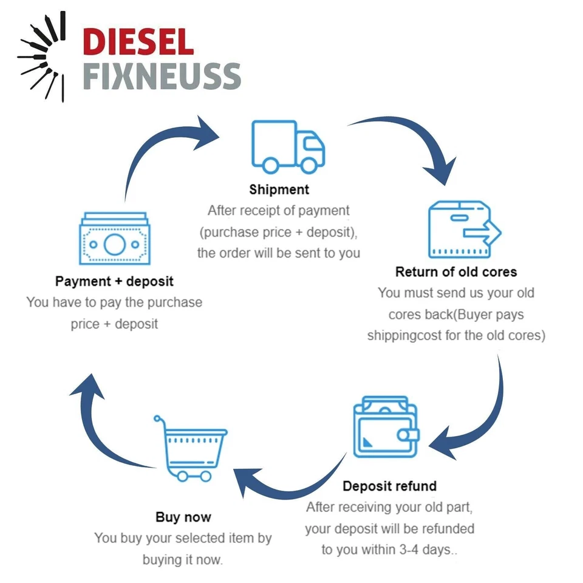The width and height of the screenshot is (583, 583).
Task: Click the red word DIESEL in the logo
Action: click(x=138, y=42)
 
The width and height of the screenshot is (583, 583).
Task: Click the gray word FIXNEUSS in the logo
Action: click(x=162, y=77)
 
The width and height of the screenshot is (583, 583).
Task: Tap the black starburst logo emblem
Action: click(x=42, y=56)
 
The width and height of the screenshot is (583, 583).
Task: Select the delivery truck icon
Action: click(x=288, y=147)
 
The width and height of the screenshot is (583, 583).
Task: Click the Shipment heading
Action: click(x=279, y=189)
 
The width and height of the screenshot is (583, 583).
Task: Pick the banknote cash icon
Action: click(x=115, y=238)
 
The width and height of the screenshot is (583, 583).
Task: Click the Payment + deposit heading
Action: click(x=114, y=281)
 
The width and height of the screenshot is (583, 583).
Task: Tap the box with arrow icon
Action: click(x=465, y=230)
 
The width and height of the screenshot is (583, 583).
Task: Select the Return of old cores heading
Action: click(x=456, y=272)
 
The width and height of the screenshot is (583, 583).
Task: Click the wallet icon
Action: click(x=386, y=426)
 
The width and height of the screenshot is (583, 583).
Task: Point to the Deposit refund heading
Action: click(x=389, y=486)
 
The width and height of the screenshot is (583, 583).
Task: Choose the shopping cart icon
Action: click(x=190, y=448)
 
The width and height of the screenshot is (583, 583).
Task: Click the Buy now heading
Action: click(x=183, y=517)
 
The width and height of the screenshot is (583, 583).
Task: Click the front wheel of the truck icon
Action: click(x=309, y=165)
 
